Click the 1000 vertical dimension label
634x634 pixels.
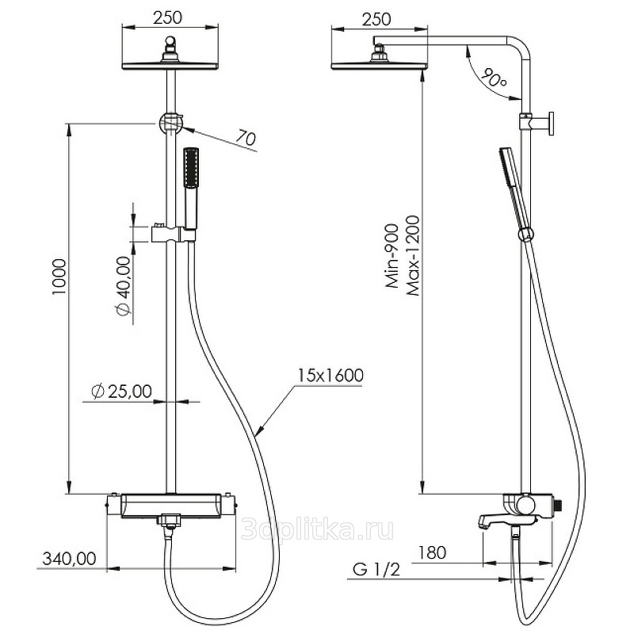click(x=59, y=277)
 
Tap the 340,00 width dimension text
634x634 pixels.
click(x=69, y=559)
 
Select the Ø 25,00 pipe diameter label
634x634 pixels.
click(x=122, y=391)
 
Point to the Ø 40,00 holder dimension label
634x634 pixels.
click(x=124, y=286)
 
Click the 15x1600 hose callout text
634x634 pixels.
click(x=330, y=375)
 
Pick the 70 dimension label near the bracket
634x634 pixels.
click(x=246, y=137)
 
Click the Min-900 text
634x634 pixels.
click(x=392, y=256)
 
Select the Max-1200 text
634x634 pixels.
click(x=413, y=256)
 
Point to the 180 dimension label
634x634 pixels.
click(x=432, y=552)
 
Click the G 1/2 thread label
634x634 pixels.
click(x=376, y=569)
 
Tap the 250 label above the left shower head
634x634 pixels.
click(x=168, y=17)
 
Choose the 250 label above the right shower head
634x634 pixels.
click(x=376, y=19)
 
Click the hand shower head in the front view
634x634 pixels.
click(x=190, y=168)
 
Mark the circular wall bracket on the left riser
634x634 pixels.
click(x=170, y=124)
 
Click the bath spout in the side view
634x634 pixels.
click(x=491, y=520)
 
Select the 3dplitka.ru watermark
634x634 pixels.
click(x=318, y=530)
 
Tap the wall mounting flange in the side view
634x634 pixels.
click(x=549, y=124)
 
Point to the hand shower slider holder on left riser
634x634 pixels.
click(x=173, y=233)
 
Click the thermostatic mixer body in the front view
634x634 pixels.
click(x=170, y=506)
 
